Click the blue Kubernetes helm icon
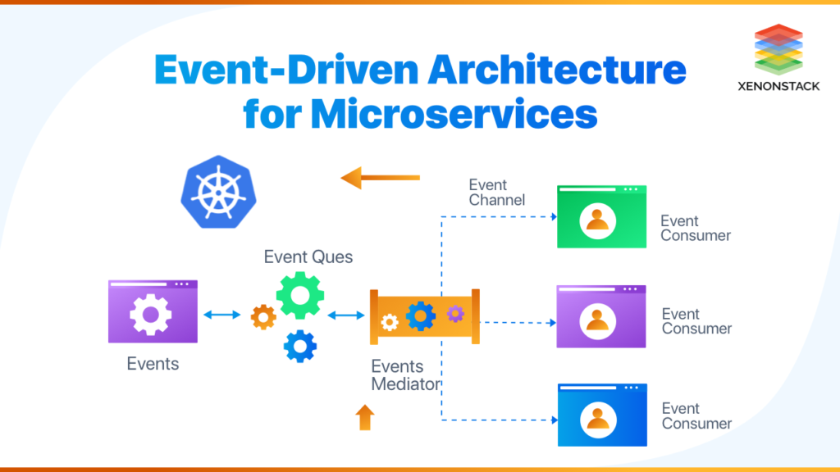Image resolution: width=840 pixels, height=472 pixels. tap(218, 193)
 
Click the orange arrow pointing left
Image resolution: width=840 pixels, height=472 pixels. tap(380, 177)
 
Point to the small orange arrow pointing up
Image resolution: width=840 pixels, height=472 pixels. tap(364, 417)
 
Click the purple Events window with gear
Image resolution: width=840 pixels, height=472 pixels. tap(153, 311)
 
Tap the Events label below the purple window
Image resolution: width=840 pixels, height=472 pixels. tap(153, 364)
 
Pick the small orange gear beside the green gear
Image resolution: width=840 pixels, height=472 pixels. tap(263, 316)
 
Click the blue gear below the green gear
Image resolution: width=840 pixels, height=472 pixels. tap(299, 346)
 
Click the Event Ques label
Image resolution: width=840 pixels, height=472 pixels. tap(308, 257)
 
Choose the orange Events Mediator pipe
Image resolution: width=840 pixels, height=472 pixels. tap(424, 315)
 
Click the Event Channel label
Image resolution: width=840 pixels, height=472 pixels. tap(497, 193)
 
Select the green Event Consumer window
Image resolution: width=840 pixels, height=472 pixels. tap(601, 217)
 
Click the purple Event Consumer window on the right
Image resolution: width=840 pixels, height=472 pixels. tap(601, 316)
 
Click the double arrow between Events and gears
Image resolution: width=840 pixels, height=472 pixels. tap(222, 315)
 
